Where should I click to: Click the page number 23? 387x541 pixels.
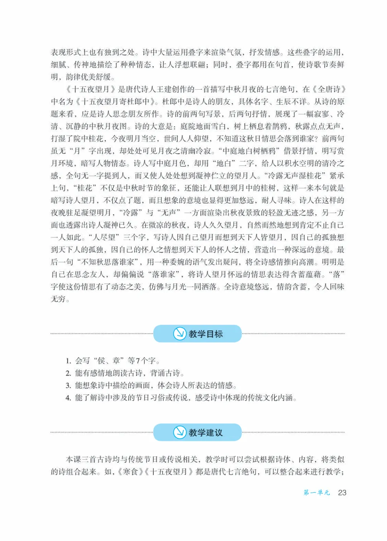(x=342, y=493)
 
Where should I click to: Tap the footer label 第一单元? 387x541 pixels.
(x=316, y=493)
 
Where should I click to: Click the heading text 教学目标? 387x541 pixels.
(x=206, y=334)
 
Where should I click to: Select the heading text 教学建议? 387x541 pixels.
(x=206, y=432)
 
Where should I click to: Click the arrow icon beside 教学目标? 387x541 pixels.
(x=180, y=333)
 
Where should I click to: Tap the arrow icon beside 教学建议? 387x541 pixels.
(x=180, y=432)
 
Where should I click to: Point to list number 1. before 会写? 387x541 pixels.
(x=68, y=361)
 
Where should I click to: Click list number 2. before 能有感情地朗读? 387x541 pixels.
(x=68, y=373)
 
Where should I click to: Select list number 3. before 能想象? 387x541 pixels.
(x=68, y=386)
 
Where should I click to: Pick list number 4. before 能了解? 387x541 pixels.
(x=68, y=398)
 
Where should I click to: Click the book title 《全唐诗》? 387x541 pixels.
(x=329, y=89)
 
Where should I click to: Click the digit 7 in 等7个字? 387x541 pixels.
(x=138, y=361)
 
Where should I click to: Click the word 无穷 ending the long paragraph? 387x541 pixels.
(x=58, y=299)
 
